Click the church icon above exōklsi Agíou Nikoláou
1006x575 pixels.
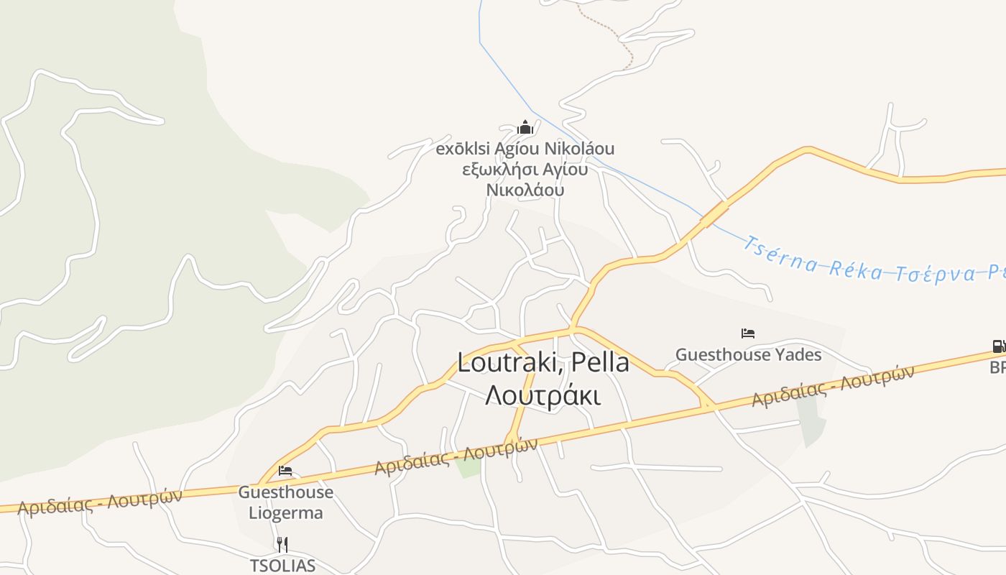tap(525, 128)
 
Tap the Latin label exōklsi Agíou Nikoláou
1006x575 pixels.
tap(525, 149)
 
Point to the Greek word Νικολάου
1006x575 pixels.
tap(525, 190)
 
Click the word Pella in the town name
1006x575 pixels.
tap(597, 363)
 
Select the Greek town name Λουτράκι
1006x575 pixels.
tap(543, 396)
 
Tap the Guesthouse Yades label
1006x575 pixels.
tap(748, 354)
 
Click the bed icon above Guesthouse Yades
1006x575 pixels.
tap(748, 333)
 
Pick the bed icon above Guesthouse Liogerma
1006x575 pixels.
tap(285, 471)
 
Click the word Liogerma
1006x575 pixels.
tap(286, 513)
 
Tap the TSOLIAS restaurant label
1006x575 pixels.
tap(282, 566)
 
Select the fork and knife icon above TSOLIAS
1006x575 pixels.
tap(282, 545)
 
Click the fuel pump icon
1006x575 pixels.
tap(999, 346)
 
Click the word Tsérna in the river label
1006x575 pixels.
tap(780, 255)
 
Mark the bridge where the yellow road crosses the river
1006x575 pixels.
tap(714, 213)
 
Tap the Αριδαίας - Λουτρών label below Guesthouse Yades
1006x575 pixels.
tap(833, 386)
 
